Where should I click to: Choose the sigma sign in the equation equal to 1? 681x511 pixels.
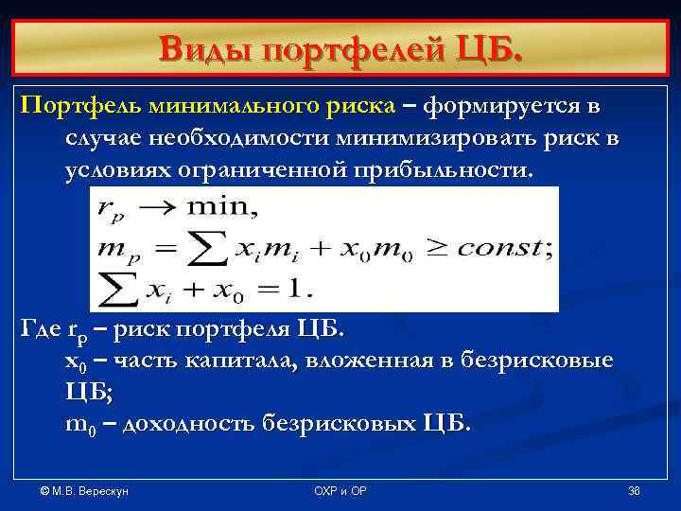click(119, 286)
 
